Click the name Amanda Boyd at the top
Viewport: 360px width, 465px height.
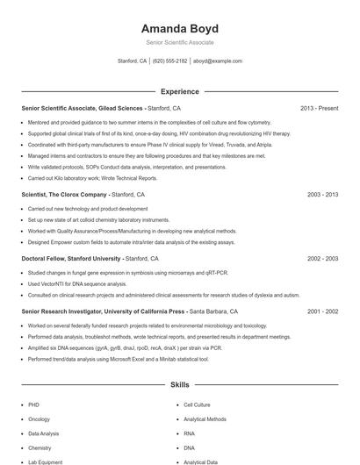(179, 28)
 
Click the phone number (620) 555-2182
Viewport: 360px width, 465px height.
(169, 61)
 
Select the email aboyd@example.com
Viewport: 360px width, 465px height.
(217, 61)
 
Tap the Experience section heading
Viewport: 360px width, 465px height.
(179, 91)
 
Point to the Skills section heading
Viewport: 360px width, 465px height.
(179, 384)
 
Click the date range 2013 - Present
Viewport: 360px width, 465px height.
(319, 108)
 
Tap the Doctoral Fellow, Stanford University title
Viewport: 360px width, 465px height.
(71, 259)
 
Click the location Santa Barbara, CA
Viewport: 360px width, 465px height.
(213, 311)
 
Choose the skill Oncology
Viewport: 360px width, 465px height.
(40, 419)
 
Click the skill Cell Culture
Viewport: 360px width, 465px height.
(197, 405)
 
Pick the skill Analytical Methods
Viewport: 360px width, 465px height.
(205, 419)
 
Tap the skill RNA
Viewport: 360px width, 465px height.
(190, 433)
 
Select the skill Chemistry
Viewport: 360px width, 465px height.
(40, 447)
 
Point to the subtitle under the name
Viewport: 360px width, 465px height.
(179, 42)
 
